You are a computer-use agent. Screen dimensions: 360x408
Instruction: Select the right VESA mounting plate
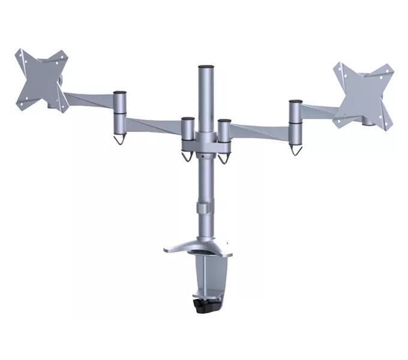coord(364,93)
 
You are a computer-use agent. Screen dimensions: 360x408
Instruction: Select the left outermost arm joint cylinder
coord(120,105)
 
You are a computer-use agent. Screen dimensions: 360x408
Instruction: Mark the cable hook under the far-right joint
coord(295,148)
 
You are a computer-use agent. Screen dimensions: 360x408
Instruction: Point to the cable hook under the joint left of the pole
coord(187,156)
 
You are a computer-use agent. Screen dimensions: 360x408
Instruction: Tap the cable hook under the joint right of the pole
coord(225,158)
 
